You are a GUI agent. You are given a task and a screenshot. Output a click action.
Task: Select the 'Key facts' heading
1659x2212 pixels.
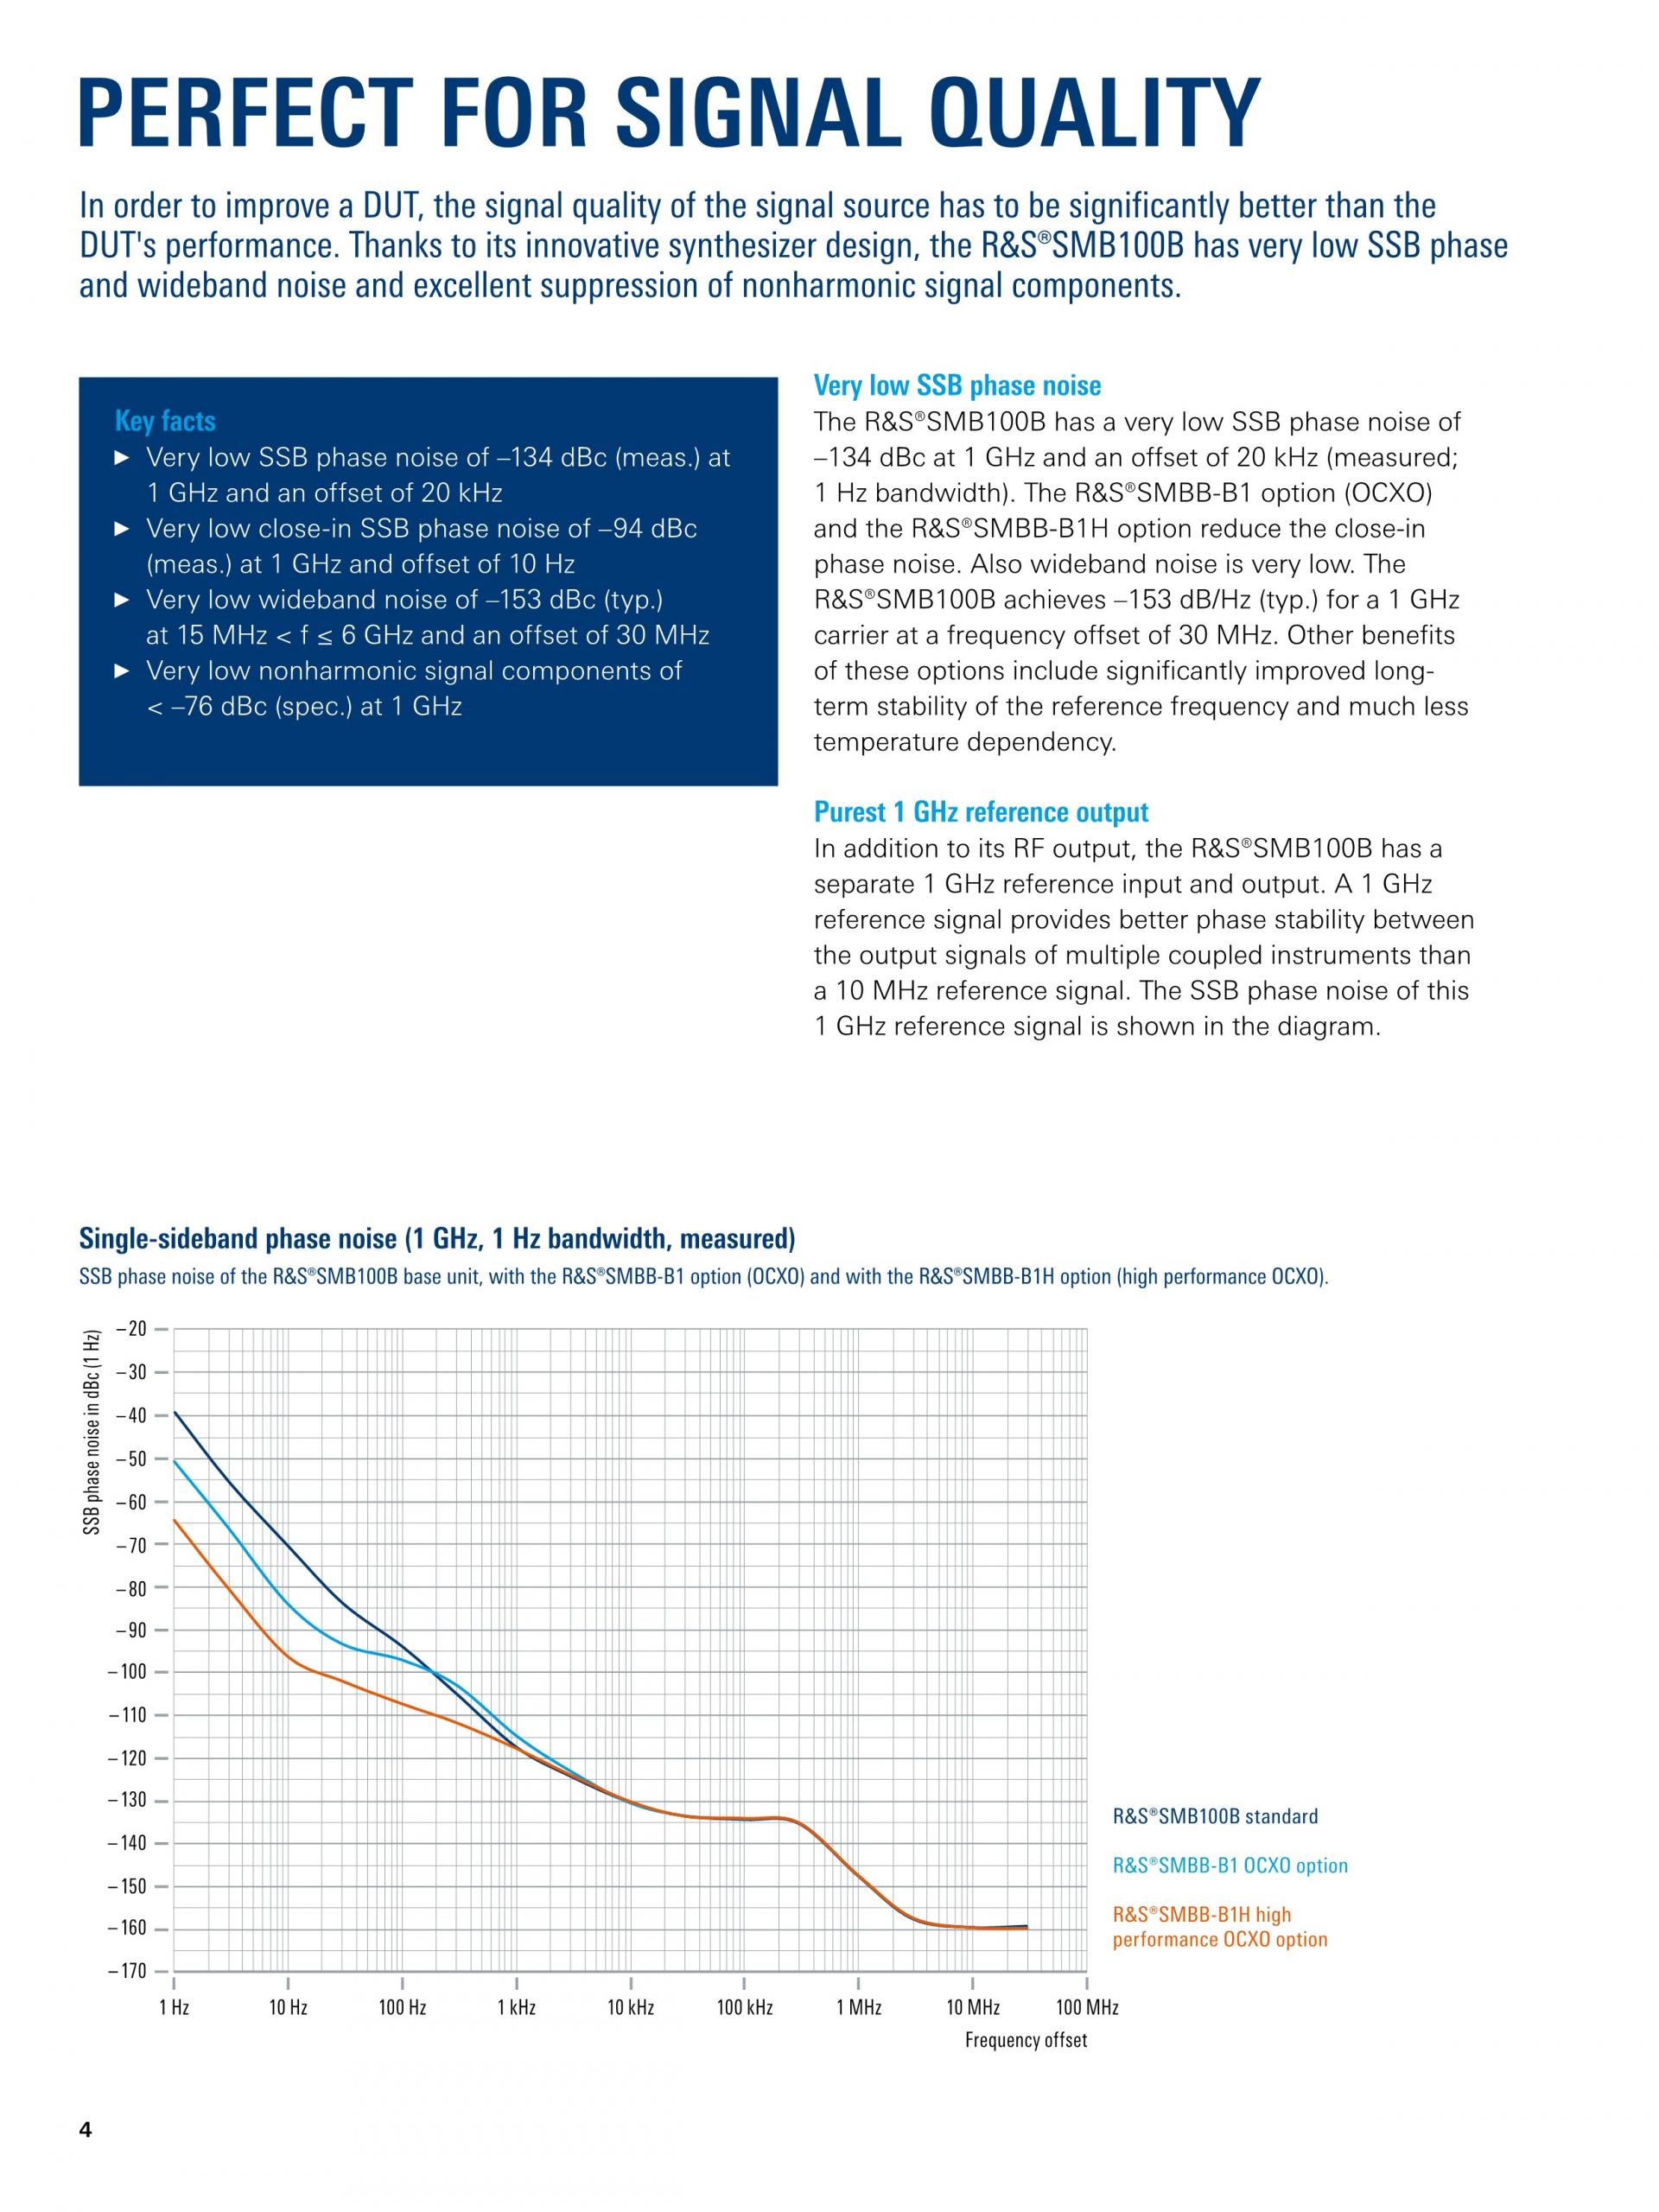pos(165,421)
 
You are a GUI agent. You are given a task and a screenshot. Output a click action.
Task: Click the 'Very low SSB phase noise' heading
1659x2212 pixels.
pos(957,386)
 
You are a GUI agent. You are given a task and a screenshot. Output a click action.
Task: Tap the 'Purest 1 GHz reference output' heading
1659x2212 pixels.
pos(980,812)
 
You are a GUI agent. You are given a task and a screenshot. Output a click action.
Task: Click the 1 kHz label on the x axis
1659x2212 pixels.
pos(516,2007)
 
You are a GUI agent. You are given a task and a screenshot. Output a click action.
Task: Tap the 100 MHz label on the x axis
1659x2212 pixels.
pos(1086,2007)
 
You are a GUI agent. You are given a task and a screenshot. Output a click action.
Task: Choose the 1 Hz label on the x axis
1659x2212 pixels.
pos(174,2007)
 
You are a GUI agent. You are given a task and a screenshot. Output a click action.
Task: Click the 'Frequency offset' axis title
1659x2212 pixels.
pos(1025,2040)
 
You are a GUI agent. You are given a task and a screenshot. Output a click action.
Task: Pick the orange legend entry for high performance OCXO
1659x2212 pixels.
pos(1220,1927)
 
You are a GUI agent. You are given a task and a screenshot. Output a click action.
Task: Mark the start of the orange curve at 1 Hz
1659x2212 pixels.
pos(175,1521)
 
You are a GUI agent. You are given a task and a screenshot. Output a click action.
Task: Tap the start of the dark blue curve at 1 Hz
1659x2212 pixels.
pos(175,1412)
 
